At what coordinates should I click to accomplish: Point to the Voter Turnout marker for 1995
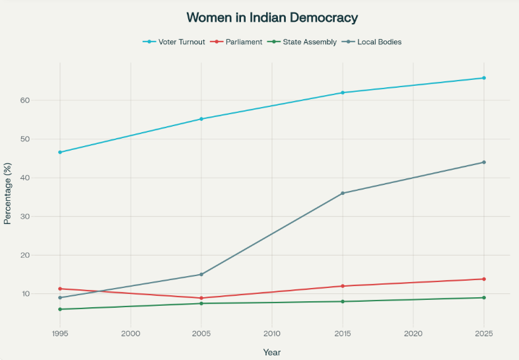click(60, 152)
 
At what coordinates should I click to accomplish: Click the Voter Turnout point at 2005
click(201, 119)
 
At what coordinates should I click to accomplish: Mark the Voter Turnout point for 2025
click(484, 78)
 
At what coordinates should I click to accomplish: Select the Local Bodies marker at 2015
click(343, 193)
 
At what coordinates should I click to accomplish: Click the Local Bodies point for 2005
click(201, 274)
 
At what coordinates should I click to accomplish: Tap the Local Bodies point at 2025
click(484, 162)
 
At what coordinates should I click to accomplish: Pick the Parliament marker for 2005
click(201, 298)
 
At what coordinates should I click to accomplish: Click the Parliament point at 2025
click(484, 279)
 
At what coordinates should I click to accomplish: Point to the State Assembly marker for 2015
click(343, 301)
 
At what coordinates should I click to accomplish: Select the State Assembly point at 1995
click(60, 309)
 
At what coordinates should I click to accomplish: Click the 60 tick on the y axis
click(43, 100)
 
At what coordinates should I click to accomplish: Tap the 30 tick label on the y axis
click(43, 217)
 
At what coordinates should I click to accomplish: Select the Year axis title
click(272, 352)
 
